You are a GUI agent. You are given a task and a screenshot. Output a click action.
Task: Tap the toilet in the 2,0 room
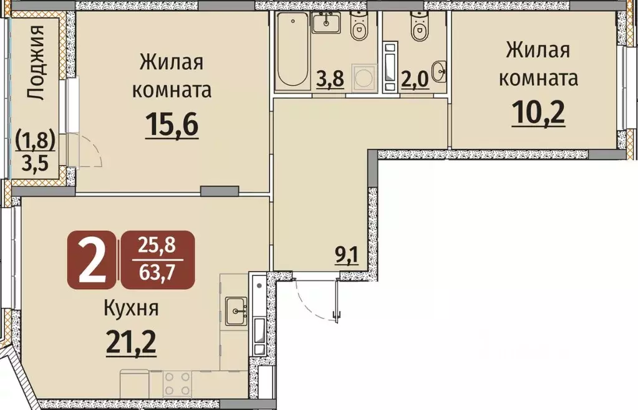click(x=417, y=26)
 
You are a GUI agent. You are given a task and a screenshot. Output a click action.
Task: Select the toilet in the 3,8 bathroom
click(x=359, y=26)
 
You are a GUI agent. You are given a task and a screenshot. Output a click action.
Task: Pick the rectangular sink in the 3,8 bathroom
click(x=326, y=24)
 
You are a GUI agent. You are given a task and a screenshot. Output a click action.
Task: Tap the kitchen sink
click(x=236, y=310)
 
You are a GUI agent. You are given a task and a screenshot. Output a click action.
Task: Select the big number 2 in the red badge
click(x=91, y=260)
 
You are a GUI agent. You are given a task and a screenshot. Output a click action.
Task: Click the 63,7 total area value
click(x=158, y=274)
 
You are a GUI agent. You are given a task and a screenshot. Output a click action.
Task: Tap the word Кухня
click(x=131, y=308)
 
